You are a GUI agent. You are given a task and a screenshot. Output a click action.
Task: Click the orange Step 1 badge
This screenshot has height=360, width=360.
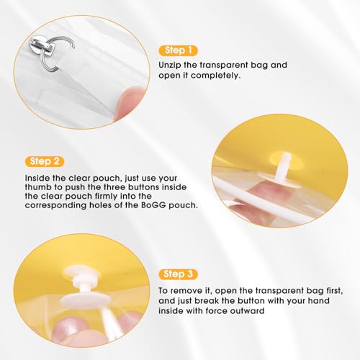pos(178,50)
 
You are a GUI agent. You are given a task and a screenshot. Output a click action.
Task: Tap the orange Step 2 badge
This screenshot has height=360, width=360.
pos(45,161)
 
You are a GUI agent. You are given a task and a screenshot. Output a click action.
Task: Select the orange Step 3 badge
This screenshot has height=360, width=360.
pos(178,274)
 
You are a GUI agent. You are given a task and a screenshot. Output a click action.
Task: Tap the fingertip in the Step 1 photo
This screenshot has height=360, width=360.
pos(129,102)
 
